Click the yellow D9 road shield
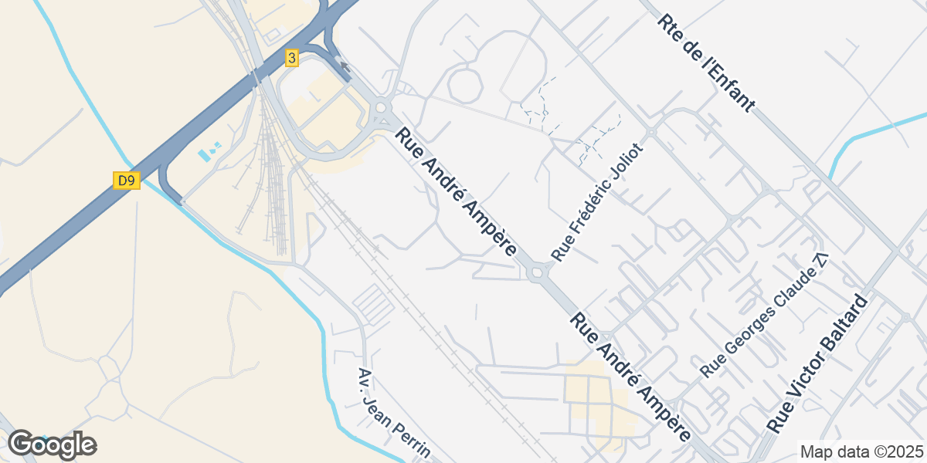(x=127, y=181)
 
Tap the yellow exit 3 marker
(x=291, y=57)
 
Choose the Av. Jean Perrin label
(x=393, y=414)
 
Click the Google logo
(x=52, y=445)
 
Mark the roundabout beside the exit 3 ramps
(x=381, y=109)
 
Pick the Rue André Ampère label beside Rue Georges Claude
(x=630, y=377)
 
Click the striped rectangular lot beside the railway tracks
(x=374, y=303)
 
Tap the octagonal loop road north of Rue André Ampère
(x=465, y=85)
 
